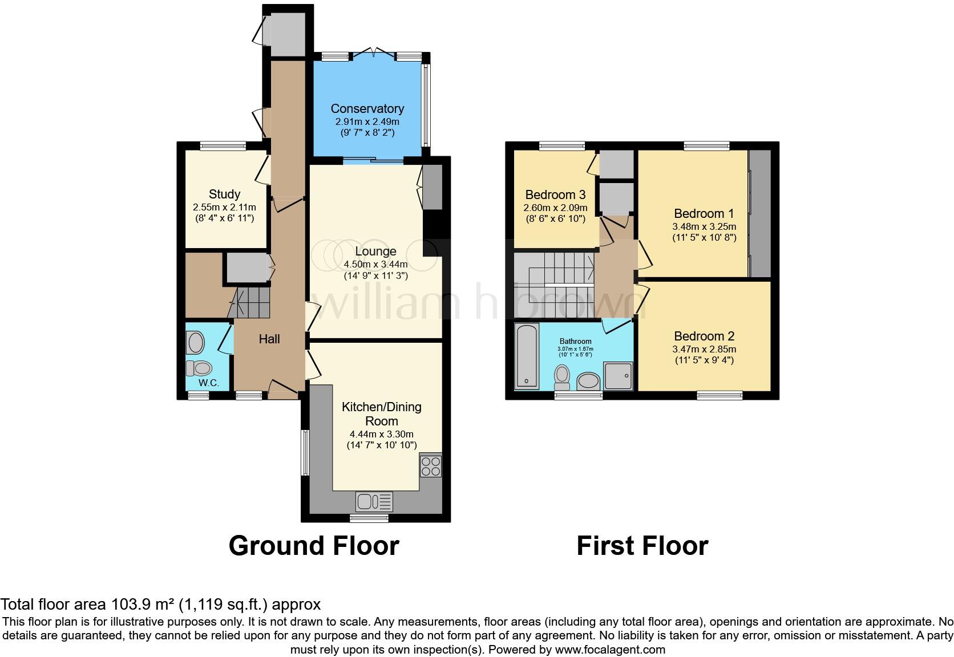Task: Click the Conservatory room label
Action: pyautogui.click(x=367, y=108)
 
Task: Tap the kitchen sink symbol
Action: pyautogui.click(x=374, y=502)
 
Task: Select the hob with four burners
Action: pyautogui.click(x=430, y=465)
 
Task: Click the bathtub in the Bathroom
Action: pyautogui.click(x=526, y=356)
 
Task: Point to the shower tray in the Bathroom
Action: pyautogui.click(x=619, y=376)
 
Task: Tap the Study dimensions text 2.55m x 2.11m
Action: pyautogui.click(x=224, y=207)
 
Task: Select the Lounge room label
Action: pyautogui.click(x=375, y=252)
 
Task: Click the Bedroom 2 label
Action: pyautogui.click(x=704, y=336)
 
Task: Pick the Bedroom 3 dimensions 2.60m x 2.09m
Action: pyautogui.click(x=555, y=208)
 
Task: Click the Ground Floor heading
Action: pyautogui.click(x=314, y=546)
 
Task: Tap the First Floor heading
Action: pyautogui.click(x=642, y=546)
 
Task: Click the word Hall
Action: pyautogui.click(x=269, y=339)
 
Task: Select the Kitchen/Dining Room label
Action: pyautogui.click(x=381, y=414)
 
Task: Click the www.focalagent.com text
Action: pyautogui.click(x=610, y=649)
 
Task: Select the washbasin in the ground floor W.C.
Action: pyautogui.click(x=196, y=343)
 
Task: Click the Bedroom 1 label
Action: pyautogui.click(x=704, y=214)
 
